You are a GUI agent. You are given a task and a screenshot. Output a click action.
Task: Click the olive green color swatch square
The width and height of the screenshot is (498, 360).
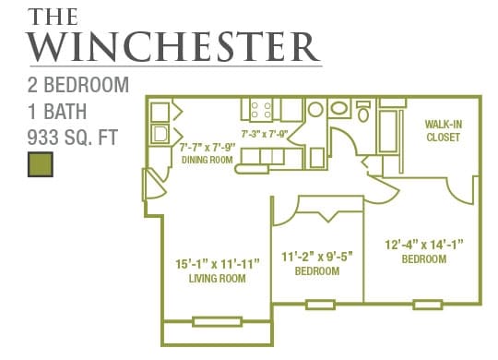click(x=39, y=165)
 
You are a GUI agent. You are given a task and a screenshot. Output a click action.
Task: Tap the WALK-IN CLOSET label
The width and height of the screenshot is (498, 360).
click(x=443, y=130)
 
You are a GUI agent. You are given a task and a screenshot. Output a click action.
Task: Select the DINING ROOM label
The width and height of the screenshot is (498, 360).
click(x=207, y=159)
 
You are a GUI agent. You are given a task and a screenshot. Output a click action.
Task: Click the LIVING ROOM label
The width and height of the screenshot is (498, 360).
click(x=216, y=278)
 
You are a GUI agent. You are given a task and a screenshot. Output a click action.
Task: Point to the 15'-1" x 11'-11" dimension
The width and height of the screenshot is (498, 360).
click(x=217, y=263)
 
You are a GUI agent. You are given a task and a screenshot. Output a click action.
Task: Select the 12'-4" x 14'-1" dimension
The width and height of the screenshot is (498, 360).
click(x=423, y=246)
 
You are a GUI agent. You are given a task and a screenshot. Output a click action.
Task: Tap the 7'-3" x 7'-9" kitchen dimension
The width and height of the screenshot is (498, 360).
click(x=265, y=134)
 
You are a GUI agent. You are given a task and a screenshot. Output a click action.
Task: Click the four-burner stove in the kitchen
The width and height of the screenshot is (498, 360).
click(x=261, y=110)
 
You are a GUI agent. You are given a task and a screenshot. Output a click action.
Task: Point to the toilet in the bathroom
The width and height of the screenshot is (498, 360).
click(x=363, y=112)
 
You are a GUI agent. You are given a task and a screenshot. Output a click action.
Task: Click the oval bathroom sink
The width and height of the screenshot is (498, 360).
click(x=338, y=109)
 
